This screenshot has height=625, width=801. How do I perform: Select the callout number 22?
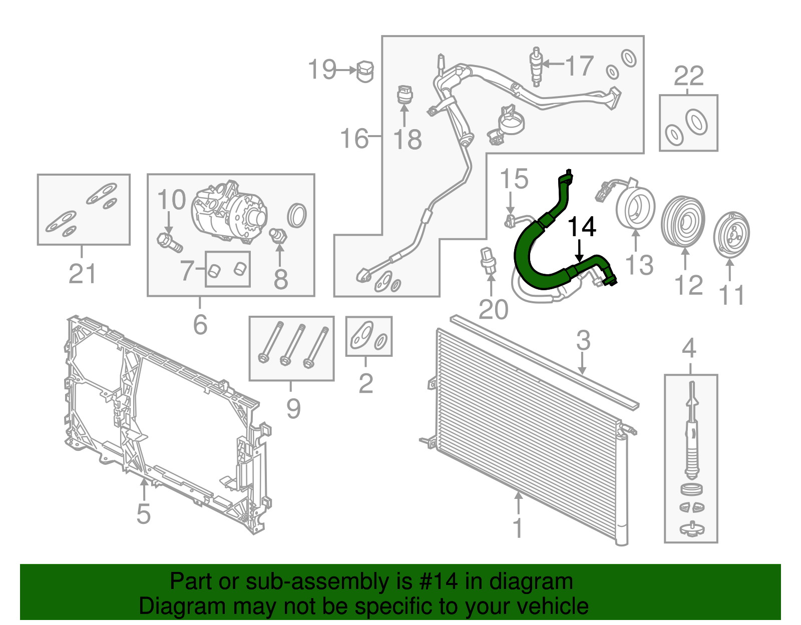[x=688, y=77]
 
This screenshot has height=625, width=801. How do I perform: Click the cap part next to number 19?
[x=365, y=71]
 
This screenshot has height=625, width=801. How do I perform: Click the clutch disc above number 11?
[x=731, y=236]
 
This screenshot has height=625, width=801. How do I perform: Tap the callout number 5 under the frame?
[x=143, y=513]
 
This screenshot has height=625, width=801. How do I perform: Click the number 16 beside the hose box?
[x=354, y=139]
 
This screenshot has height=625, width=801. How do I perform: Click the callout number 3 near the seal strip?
[x=583, y=341]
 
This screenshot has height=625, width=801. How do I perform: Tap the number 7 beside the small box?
[x=187, y=271]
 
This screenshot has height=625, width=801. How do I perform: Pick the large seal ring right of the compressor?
[x=297, y=215]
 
